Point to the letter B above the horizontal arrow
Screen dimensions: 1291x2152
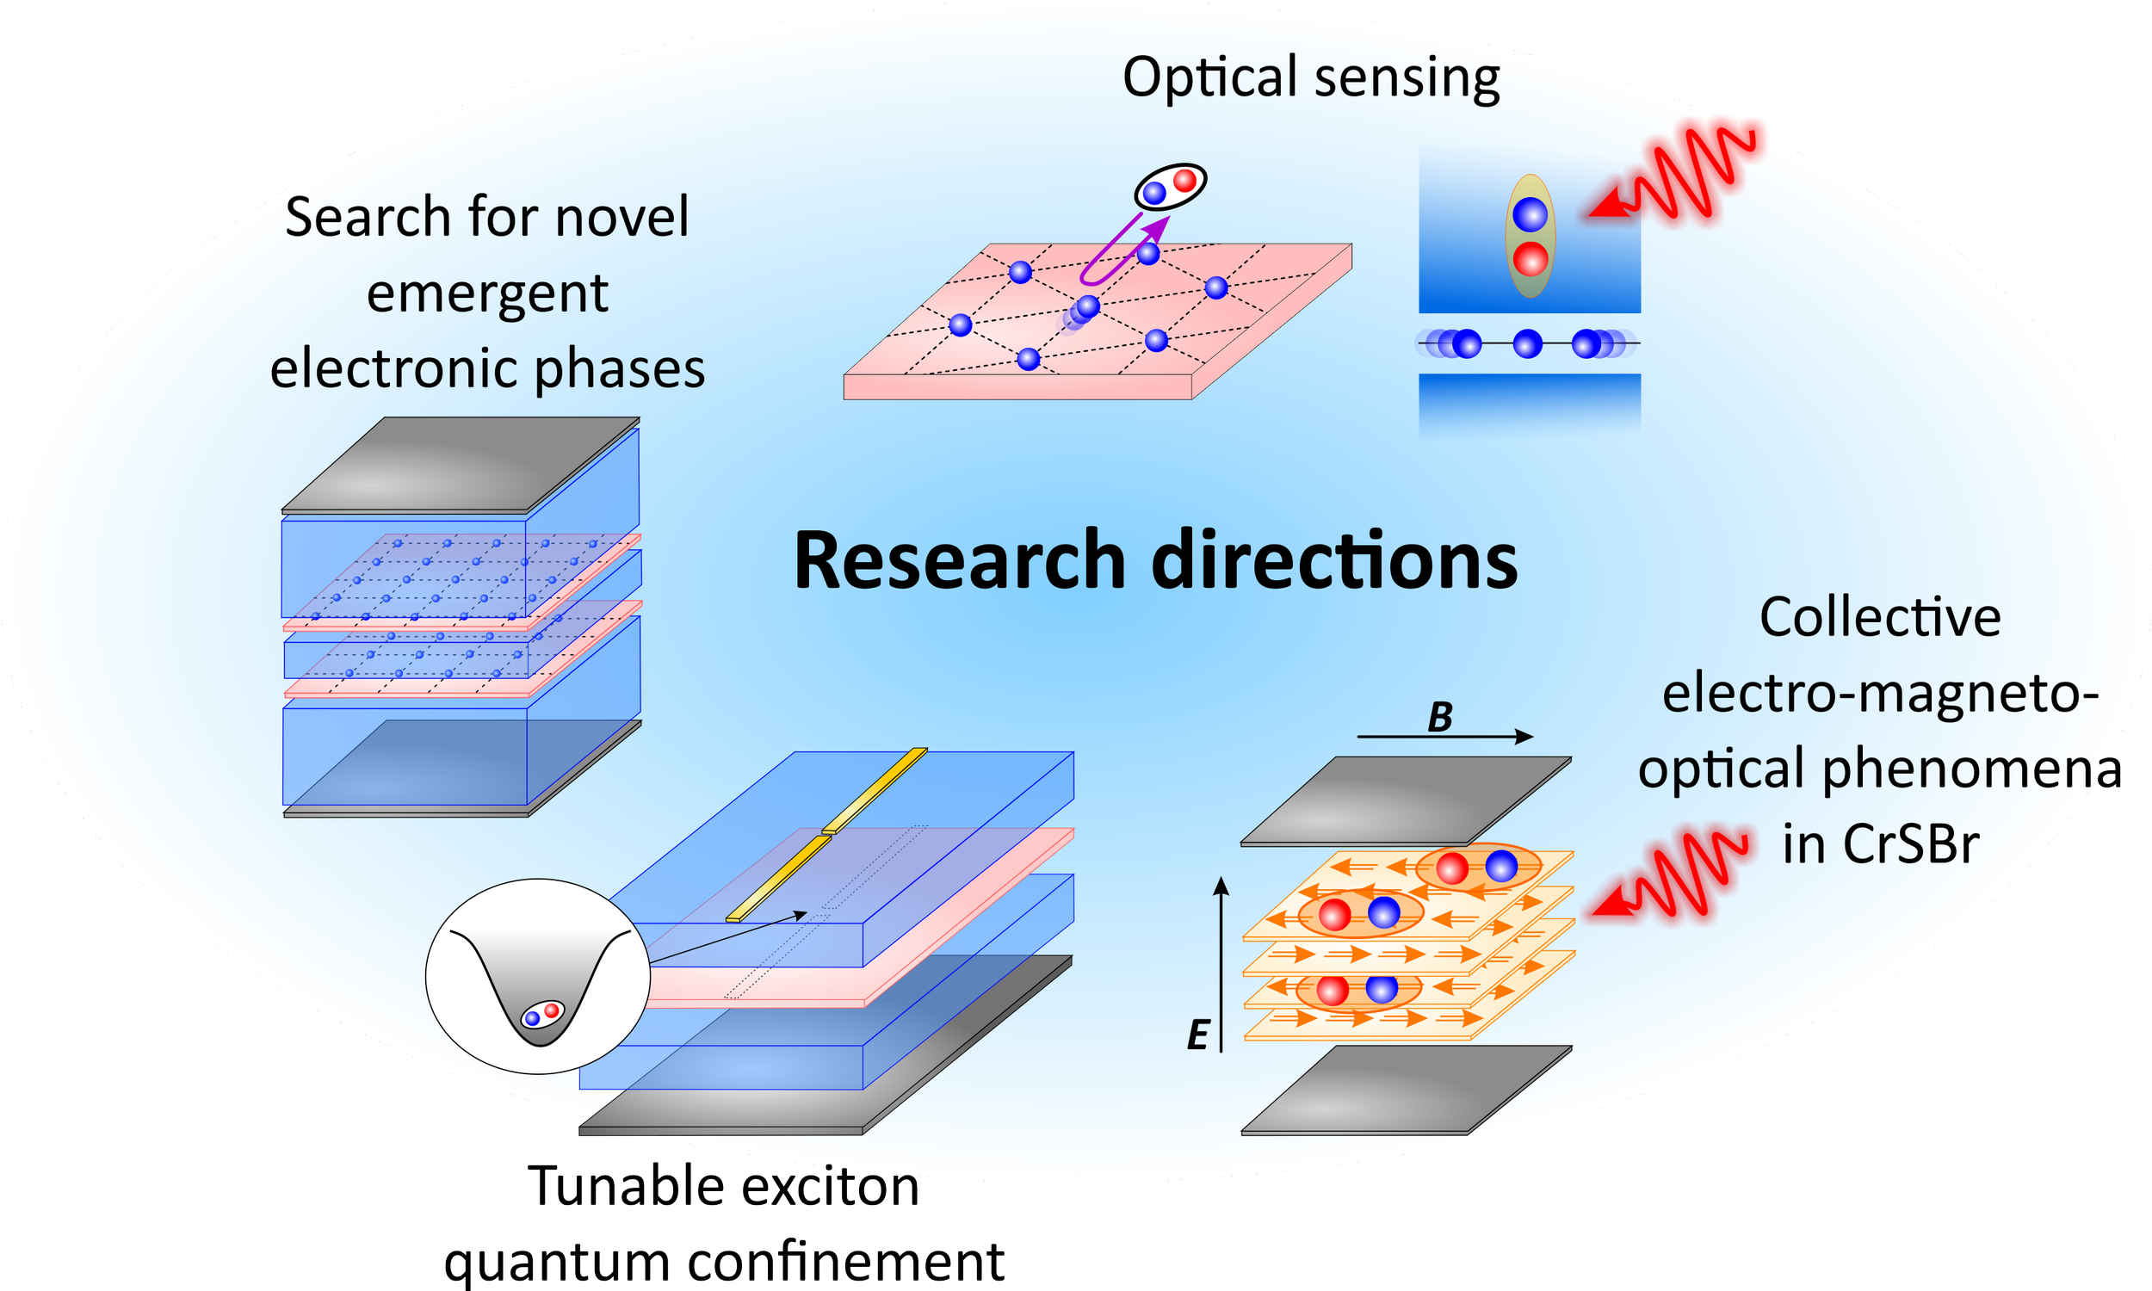(1439, 718)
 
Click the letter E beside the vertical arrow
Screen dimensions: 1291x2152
(1197, 1036)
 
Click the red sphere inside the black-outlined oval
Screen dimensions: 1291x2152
(1184, 181)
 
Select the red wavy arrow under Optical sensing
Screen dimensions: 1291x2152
(1674, 170)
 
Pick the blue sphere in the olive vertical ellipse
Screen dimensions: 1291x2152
(1530, 214)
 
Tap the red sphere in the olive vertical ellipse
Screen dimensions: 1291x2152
(1530, 259)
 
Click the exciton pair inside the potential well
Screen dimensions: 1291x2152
(542, 1015)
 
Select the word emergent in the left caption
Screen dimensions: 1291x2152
(487, 294)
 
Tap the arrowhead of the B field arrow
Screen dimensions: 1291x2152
(1523, 737)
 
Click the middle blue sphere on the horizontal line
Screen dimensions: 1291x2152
(1527, 344)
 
